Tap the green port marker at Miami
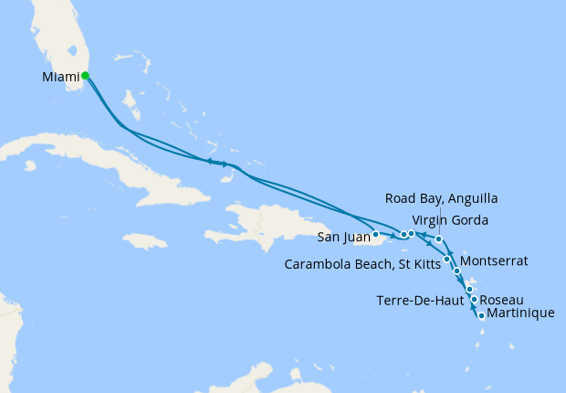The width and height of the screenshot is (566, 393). pyautogui.click(x=85, y=76)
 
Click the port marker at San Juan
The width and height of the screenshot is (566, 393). pyautogui.click(x=375, y=235)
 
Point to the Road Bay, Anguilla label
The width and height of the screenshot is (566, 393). pyautogui.click(x=442, y=199)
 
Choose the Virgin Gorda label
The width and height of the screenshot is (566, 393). pyautogui.click(x=449, y=220)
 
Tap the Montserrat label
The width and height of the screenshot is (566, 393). pyautogui.click(x=495, y=260)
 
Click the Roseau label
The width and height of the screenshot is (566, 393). pyautogui.click(x=501, y=299)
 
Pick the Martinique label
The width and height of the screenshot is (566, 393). pyautogui.click(x=521, y=314)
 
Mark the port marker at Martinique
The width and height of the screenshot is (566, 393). pyautogui.click(x=481, y=316)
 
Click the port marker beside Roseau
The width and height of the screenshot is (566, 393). pyautogui.click(x=474, y=299)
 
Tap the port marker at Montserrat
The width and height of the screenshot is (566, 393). pyautogui.click(x=456, y=271)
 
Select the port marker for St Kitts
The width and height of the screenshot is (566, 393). pyautogui.click(x=446, y=259)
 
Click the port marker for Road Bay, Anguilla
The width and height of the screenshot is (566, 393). pyautogui.click(x=439, y=239)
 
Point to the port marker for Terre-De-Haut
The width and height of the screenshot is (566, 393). pyautogui.click(x=469, y=290)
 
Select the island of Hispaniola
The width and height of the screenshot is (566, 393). pyautogui.click(x=265, y=224)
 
